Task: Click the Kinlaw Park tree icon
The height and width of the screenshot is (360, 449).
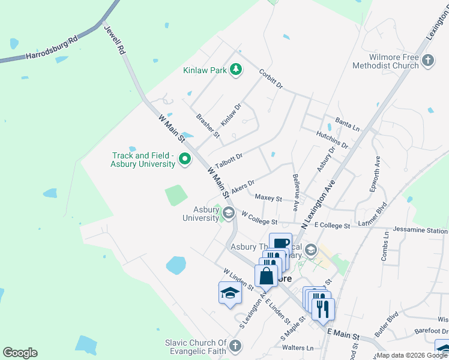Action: [x=236, y=70]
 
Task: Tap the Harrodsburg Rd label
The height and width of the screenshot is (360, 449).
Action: [x=52, y=49]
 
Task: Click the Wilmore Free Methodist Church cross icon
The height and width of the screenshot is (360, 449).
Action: [x=428, y=60]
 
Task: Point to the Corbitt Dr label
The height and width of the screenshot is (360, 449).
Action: [x=271, y=79]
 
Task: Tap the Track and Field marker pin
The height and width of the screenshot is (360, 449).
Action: [x=185, y=159]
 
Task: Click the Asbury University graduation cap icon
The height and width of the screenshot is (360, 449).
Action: [x=228, y=212]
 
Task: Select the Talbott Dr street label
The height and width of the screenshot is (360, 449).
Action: [x=229, y=159]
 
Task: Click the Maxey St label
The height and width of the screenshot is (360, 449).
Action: [x=268, y=197]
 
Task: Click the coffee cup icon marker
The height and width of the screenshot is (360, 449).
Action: [x=280, y=244]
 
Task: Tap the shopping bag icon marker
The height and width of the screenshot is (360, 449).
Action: [x=266, y=275]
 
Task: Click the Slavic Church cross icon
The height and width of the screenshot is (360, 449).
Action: [x=235, y=346]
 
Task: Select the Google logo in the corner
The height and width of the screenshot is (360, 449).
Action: [x=20, y=353]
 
